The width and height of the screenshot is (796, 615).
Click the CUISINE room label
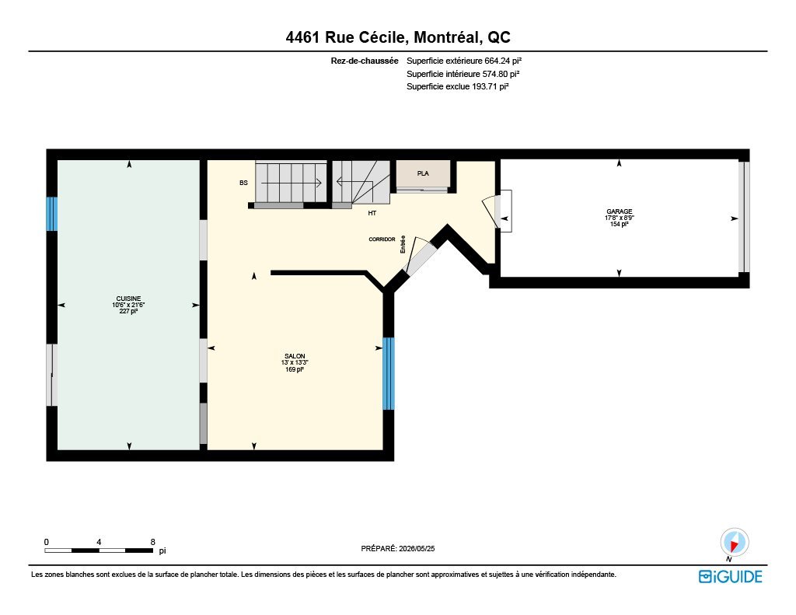128,299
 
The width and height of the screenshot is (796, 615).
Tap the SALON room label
295,356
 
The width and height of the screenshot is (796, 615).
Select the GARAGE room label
619,211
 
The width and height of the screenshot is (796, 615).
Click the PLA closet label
423,173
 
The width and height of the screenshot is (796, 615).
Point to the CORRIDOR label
382,239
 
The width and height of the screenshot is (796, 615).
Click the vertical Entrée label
403,244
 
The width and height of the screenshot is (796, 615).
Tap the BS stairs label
243,183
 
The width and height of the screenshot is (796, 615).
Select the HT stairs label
372,213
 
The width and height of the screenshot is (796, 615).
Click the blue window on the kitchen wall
52,214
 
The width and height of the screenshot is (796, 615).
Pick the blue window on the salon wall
389,373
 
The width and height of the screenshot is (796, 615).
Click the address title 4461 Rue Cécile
345,37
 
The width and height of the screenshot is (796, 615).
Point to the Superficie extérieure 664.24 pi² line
464,61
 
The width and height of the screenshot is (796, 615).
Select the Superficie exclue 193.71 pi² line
457,86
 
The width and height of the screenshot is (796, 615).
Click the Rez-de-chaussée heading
365,61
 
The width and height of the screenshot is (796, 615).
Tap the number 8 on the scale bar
153,542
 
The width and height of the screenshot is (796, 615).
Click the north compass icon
734,542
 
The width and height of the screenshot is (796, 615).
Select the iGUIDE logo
730,576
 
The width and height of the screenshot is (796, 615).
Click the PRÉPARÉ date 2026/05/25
417,548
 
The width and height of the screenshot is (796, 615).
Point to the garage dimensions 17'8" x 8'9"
620,218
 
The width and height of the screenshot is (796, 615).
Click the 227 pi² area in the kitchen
128,311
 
